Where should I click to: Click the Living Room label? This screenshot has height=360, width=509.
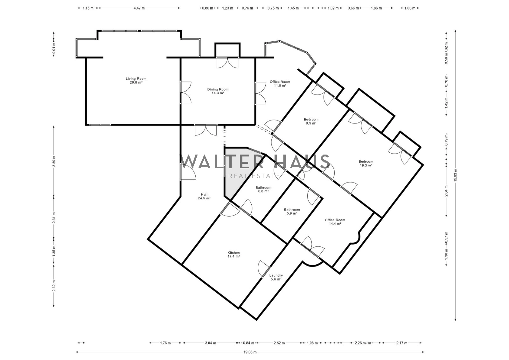136,80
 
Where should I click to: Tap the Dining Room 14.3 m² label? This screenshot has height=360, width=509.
218,91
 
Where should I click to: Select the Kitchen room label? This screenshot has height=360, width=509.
234,254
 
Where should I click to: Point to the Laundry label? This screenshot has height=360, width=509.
276,277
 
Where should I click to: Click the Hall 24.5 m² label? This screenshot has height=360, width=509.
204,196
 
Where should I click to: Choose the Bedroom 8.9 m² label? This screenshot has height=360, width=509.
311,121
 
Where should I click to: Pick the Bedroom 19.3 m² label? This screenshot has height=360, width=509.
366,163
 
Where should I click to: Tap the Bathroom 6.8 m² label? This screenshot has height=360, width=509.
263,189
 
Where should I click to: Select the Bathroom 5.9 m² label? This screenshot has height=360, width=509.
292,211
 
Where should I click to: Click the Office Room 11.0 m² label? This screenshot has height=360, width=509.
280,84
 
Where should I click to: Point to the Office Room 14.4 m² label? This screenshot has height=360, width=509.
335,222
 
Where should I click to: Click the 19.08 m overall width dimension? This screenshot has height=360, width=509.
250,352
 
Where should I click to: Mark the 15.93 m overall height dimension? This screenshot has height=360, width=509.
455,175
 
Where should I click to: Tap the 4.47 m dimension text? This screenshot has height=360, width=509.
139,8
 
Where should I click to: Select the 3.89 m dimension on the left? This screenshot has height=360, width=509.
54,161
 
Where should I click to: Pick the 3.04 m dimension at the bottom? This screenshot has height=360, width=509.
210,343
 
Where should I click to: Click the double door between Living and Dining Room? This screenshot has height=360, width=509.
186,93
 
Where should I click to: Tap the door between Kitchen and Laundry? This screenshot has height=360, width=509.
264,268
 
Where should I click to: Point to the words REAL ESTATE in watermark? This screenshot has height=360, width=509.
254,176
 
